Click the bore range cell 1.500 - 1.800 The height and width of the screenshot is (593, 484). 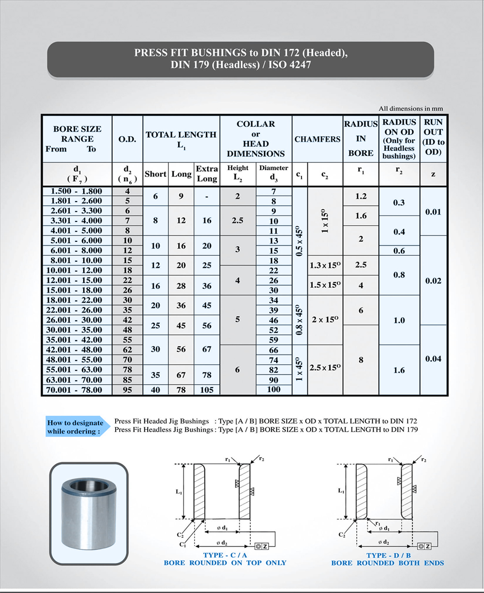coord(77,191)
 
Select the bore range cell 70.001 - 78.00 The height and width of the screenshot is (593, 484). coord(77,390)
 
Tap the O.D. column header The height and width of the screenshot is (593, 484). coord(127,139)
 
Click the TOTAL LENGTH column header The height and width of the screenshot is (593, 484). coord(181,139)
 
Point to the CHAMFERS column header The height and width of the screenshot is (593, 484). coord(318,139)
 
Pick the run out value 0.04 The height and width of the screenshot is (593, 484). coord(433,359)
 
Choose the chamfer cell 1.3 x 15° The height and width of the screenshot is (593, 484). coord(325,265)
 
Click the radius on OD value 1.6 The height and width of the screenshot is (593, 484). coord(399,370)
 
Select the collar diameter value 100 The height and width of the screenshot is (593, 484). coord(273,390)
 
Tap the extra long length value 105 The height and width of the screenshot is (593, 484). coord(207,390)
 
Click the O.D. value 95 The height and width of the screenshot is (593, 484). coord(127,390)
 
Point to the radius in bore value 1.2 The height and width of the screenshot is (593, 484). coord(361,196)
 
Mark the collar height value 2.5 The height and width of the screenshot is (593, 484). coord(237,220)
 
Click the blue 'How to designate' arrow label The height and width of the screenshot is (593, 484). coord(75,427)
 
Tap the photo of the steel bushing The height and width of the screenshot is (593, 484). coord(89,514)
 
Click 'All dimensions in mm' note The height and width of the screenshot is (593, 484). coord(410,109)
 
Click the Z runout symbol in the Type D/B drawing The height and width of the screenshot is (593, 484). coord(423,546)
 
